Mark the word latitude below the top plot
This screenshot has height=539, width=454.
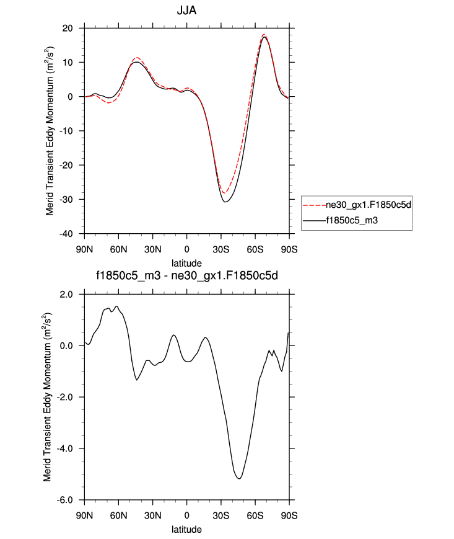187,263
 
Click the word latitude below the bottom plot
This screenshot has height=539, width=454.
187,529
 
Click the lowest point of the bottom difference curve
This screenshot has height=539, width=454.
238,479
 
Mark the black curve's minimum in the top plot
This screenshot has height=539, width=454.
225,202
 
